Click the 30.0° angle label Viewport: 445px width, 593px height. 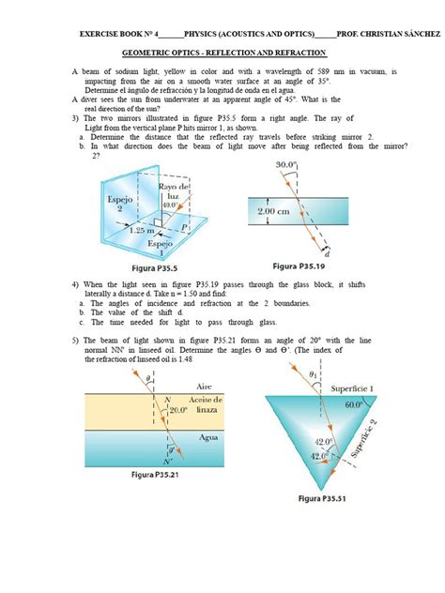tap(286, 165)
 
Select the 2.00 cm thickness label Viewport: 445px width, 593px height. tap(279, 212)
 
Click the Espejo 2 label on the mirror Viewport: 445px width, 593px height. tap(109, 205)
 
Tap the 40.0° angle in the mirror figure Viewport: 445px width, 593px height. tap(170, 205)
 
